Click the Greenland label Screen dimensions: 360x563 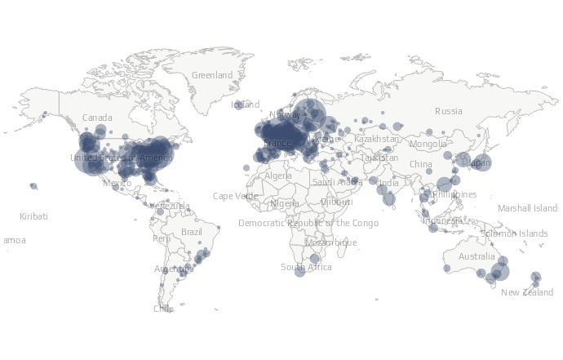click(212, 75)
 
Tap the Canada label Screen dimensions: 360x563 click(97, 118)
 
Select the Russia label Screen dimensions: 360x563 click(448, 111)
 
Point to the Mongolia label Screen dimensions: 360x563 click(428, 144)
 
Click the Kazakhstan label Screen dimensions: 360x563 click(377, 139)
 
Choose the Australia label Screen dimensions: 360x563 click(476, 256)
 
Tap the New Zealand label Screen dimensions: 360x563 click(526, 292)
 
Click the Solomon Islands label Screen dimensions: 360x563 click(514, 233)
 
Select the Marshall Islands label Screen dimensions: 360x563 click(528, 208)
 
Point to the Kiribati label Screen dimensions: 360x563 click(33, 216)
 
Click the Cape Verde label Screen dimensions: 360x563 click(234, 196)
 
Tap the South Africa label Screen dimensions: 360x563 click(306, 267)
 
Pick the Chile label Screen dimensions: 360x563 click(163, 309)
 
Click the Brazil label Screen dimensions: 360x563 click(191, 232)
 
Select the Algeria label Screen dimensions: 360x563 click(277, 176)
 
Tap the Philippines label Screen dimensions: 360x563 click(454, 194)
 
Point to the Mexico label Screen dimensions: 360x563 click(117, 184)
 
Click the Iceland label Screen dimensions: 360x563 click(245, 104)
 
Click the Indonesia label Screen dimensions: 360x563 click(441, 220)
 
